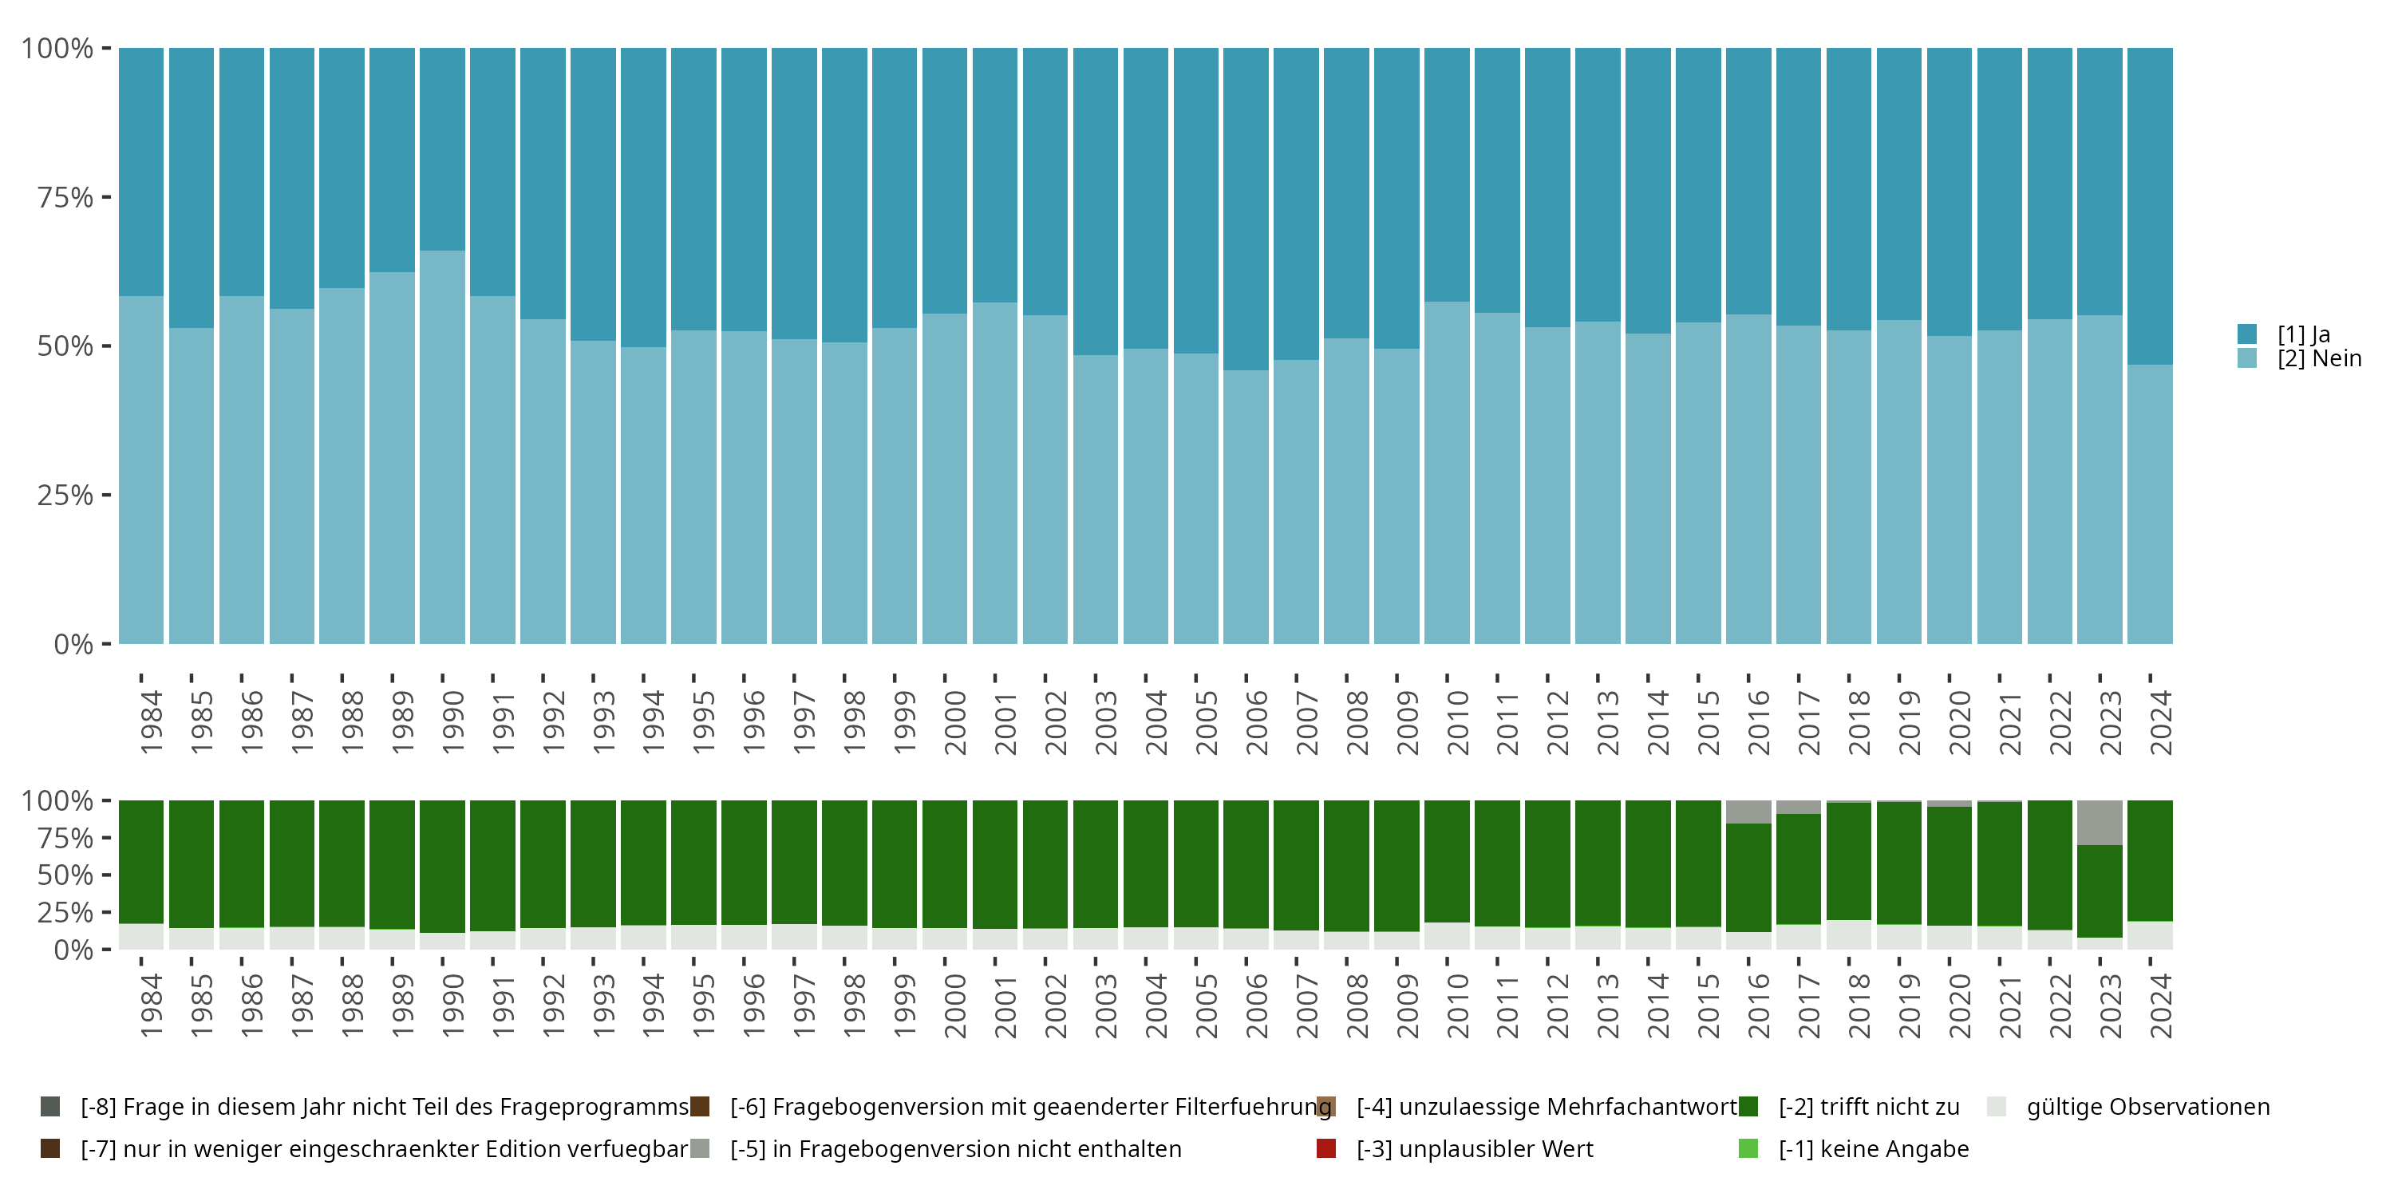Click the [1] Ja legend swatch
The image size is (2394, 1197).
[2247, 334]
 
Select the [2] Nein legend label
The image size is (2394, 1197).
[2319, 359]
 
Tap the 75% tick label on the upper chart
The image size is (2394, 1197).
[65, 197]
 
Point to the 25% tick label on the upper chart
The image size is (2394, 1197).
[65, 496]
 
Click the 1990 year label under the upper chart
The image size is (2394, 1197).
[452, 722]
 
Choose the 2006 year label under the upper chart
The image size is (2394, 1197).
[1257, 722]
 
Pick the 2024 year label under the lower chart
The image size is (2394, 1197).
[2161, 1005]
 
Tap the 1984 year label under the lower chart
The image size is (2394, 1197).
[152, 1005]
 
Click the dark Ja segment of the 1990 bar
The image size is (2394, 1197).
[442, 148]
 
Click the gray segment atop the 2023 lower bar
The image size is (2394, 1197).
[2100, 823]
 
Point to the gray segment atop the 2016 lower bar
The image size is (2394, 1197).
[1748, 812]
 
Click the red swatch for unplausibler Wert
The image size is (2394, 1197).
[1326, 1148]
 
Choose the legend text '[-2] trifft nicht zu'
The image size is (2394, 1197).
[1868, 1107]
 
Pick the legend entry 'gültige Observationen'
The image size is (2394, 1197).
[2147, 1107]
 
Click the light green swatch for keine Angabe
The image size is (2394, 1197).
[1748, 1148]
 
